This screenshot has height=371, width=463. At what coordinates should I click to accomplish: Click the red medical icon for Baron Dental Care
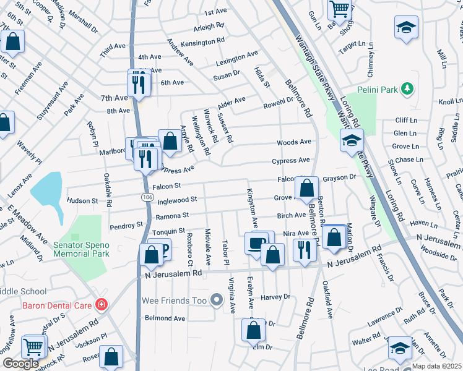100,305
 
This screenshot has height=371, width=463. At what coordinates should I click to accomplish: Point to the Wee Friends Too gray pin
216,301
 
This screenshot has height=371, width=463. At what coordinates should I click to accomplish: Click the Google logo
21,364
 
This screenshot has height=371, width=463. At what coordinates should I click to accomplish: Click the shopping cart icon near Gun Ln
339,8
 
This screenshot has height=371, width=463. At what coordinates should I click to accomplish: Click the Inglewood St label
177,200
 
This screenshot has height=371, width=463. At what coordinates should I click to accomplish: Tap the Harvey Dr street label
276,297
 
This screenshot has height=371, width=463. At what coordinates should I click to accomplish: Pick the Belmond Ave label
165,318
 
